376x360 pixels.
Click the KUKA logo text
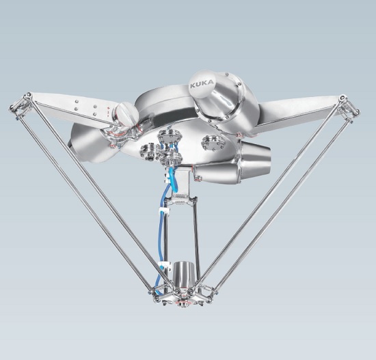pyautogui.click(x=202, y=84)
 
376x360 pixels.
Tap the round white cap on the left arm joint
pyautogui.click(x=127, y=113)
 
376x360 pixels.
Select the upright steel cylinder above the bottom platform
pyautogui.click(x=182, y=273)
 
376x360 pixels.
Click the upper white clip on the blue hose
pyautogui.click(x=165, y=211)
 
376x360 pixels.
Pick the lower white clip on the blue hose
pyautogui.click(x=164, y=265)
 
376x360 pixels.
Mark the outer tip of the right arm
pyautogui.click(x=358, y=112)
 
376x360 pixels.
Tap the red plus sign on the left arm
pyautogui.click(x=109, y=108)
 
